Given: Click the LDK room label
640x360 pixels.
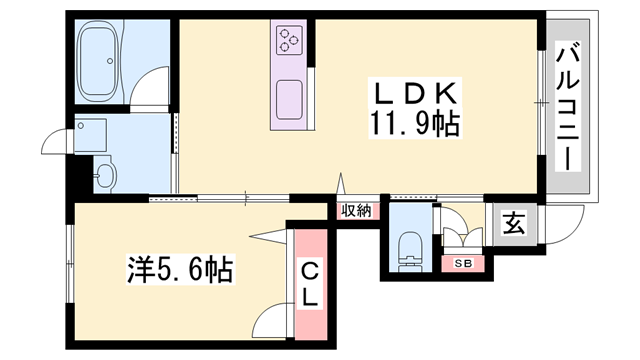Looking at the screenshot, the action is click(x=415, y=93).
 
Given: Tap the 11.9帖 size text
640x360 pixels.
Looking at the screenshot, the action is click(x=415, y=124).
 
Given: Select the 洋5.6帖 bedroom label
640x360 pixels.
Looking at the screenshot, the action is click(x=180, y=269).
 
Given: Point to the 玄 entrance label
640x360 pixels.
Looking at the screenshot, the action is click(x=513, y=224).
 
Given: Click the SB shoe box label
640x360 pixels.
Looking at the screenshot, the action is click(x=463, y=264).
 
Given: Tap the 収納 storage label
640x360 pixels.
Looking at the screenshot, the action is click(x=356, y=211).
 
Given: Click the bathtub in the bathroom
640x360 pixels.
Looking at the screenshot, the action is click(x=99, y=61).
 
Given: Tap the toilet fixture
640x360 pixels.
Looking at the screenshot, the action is click(x=411, y=252).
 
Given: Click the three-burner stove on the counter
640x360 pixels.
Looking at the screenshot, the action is click(x=289, y=40).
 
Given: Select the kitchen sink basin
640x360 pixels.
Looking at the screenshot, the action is click(x=289, y=100).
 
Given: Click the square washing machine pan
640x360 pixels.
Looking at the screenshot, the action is click(x=91, y=131).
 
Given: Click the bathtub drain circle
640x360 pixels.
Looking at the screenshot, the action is click(x=109, y=61).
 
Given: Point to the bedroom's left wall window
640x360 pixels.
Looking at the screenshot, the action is click(x=69, y=264).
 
